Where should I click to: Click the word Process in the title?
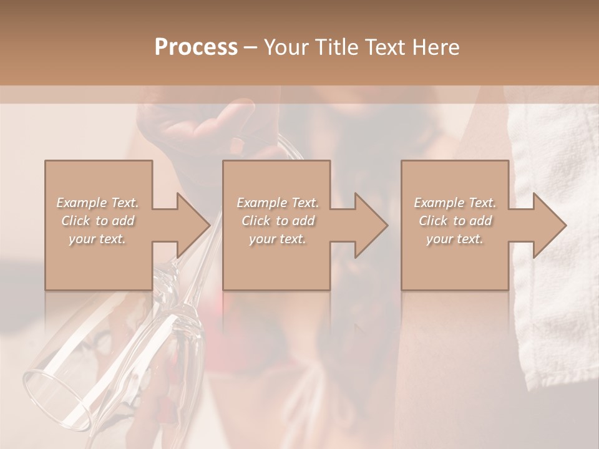coord(196,47)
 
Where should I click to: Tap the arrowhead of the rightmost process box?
coord(549,225)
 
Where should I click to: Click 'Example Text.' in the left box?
coord(98,203)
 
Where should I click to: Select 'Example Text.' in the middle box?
coord(278,203)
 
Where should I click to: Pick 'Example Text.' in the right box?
coord(455,203)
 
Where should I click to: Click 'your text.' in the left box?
coord(98,239)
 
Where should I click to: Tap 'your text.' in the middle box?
coord(278,239)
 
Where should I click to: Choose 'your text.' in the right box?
coord(455,239)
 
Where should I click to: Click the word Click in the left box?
coord(76,221)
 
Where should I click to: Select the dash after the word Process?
coord(251,48)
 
